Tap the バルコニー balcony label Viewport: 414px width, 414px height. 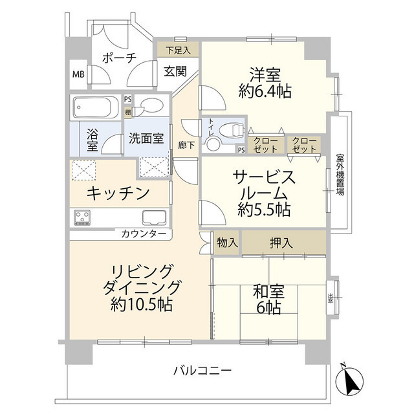pos(202,371)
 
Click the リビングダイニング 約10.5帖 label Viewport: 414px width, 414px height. pos(140,286)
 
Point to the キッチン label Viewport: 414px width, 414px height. pos(118,192)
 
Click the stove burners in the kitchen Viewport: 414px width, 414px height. pos(83,217)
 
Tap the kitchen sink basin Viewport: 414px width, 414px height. pos(153,219)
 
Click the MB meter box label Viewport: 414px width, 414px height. pos(78,74)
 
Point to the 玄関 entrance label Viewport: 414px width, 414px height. pos(175,71)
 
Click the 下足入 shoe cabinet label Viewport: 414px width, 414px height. pos(178,49)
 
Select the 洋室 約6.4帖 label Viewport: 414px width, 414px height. pos(265,82)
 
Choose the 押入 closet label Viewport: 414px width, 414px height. pos(279,243)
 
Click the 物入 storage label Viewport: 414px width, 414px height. pos(226,243)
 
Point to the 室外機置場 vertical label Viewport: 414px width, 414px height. pos(340,175)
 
